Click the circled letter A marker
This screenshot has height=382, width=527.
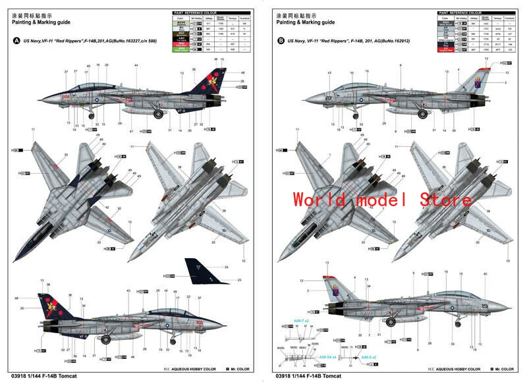pyautogui.click(x=16, y=40)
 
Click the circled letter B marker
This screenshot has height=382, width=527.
pyautogui.click(x=282, y=40)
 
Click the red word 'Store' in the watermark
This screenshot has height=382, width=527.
pyautogui.click(x=437, y=200)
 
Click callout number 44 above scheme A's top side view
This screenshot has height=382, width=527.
pyautogui.click(x=136, y=65)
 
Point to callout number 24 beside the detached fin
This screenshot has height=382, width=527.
pyautogui.click(x=226, y=267)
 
